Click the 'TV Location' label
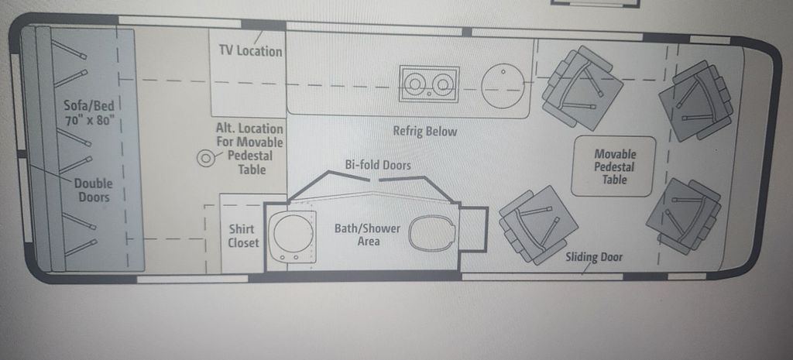point(250,51)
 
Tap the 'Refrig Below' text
point(425,132)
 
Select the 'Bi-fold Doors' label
point(378,165)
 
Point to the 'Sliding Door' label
point(594,257)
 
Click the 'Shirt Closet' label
point(243,236)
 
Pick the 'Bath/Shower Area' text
point(368,235)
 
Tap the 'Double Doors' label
point(94,190)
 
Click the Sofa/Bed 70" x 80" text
point(90,113)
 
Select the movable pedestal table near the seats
point(613,166)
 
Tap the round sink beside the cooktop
point(501,85)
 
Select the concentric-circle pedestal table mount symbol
point(206,159)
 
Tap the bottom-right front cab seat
point(685,216)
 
